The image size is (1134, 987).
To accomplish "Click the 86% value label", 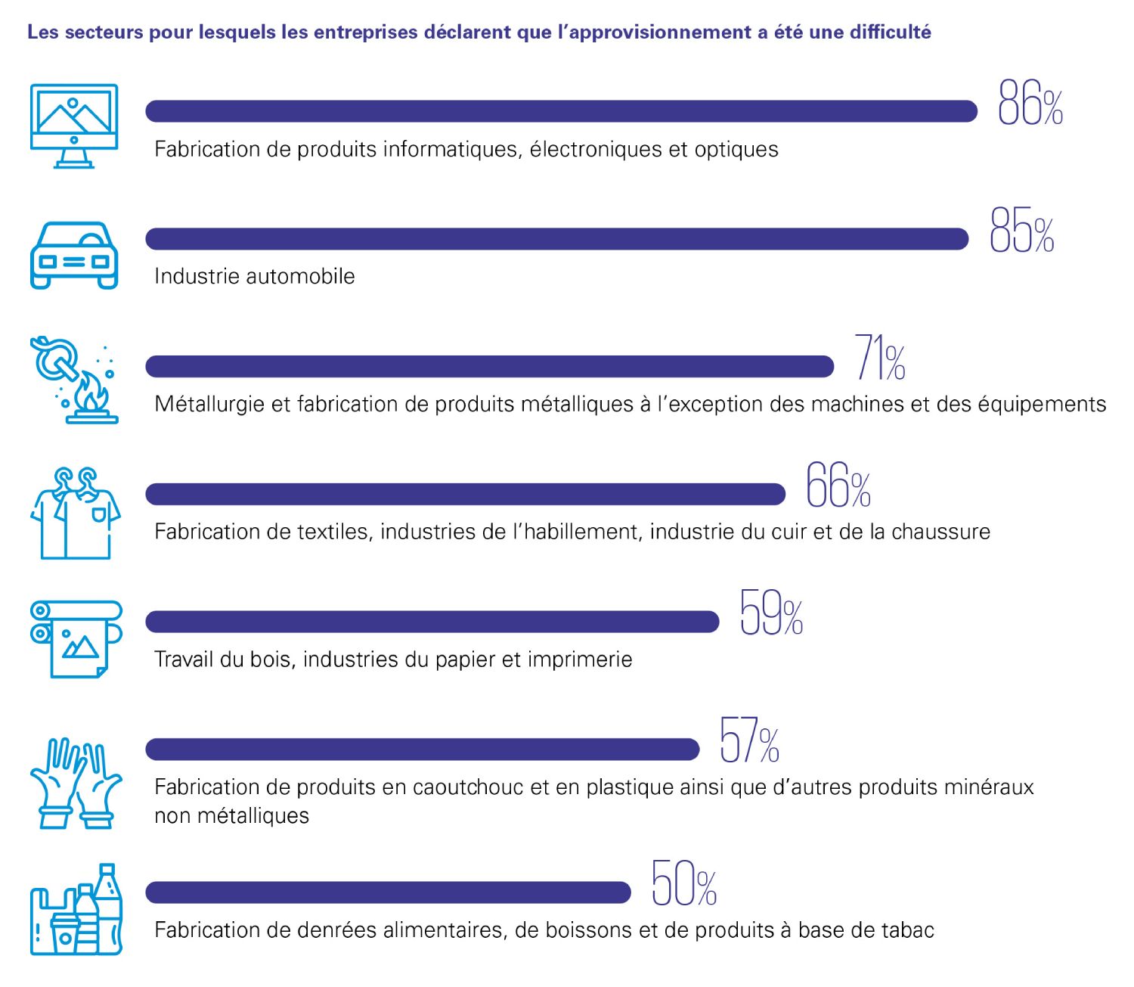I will [1030, 104].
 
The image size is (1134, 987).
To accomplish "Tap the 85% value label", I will [1021, 231].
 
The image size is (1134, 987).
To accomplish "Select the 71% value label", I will [880, 358].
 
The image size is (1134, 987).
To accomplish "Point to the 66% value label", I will [838, 486].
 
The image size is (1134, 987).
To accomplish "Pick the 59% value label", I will [771, 613].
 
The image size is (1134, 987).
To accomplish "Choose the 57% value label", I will [749, 741].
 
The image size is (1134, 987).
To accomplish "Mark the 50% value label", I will [684, 883].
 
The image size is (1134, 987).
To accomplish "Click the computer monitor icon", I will [74, 126].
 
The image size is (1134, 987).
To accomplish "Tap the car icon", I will [74, 255].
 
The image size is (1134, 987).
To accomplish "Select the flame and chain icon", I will [74, 380].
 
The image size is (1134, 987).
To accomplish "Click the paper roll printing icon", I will [76, 639].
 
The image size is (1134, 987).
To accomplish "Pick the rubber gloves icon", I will [76, 783].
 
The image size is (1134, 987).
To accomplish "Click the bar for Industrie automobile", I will [556, 239].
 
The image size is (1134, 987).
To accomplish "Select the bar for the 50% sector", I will [388, 892].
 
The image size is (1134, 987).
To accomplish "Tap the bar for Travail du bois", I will [432, 622].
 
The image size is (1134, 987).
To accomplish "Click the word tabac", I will [907, 930].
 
